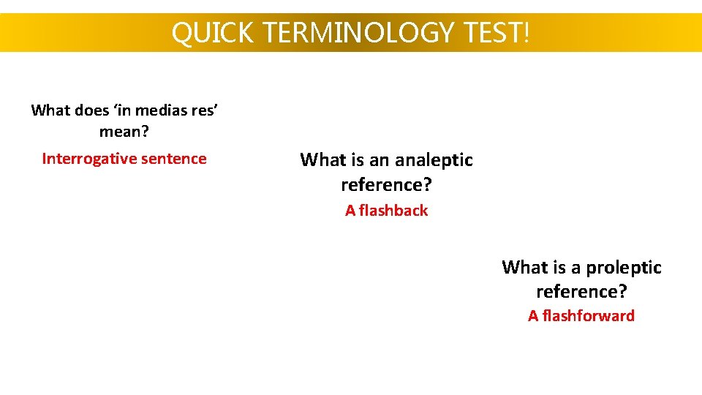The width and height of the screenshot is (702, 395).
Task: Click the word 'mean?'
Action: (x=124, y=132)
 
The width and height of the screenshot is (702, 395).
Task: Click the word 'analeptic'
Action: (x=433, y=160)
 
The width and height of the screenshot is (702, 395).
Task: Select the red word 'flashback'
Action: (x=393, y=211)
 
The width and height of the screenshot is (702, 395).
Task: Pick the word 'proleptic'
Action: (x=624, y=268)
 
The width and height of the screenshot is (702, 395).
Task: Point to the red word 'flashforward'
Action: (x=589, y=316)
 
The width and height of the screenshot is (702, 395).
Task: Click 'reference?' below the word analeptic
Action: (x=386, y=184)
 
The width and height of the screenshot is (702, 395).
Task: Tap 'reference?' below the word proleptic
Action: (x=581, y=292)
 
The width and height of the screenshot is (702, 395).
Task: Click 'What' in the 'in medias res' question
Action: (x=50, y=110)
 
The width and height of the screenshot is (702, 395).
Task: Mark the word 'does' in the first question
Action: (x=89, y=110)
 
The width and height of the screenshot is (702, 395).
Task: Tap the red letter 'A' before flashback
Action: (x=350, y=211)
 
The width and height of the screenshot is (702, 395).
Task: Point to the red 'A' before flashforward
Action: (x=533, y=316)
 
